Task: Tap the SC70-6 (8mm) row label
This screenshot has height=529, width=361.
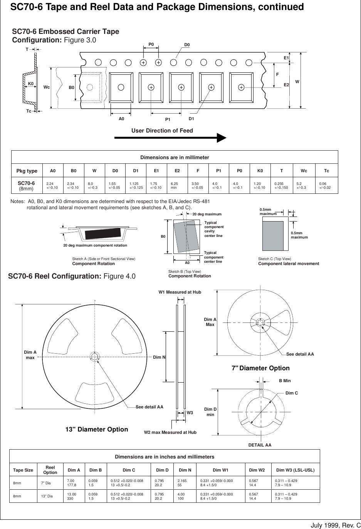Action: tap(27, 186)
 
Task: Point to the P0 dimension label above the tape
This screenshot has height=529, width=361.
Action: tap(151, 45)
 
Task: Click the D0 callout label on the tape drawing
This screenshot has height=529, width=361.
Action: tap(187, 45)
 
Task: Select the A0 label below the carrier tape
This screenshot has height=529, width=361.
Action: tap(121, 119)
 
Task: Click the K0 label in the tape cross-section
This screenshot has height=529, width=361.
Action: tap(30, 84)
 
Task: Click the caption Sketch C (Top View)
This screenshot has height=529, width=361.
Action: tap(274, 259)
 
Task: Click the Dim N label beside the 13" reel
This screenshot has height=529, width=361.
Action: tap(159, 357)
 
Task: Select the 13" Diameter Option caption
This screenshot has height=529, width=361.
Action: tap(97, 429)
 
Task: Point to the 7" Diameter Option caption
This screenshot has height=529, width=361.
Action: tap(260, 368)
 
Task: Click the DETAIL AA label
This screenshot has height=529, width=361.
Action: tap(260, 445)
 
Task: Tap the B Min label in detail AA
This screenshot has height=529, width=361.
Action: tap(285, 381)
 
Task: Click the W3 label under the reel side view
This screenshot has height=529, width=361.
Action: tap(190, 413)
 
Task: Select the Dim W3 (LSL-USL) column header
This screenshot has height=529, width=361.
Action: tap(295, 470)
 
